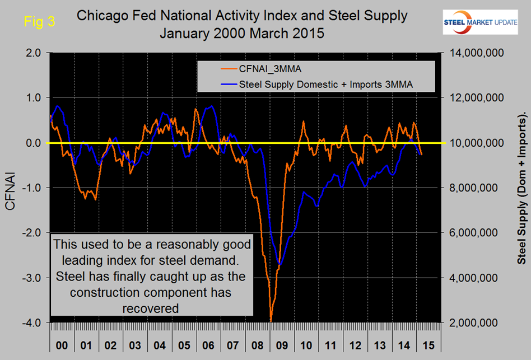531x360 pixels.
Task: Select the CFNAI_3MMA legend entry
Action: (267, 69)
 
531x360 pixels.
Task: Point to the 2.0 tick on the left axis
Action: (34, 53)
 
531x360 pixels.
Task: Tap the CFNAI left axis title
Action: (11, 188)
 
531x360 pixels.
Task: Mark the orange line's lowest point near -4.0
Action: (271, 321)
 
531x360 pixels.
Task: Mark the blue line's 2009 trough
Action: (280, 264)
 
